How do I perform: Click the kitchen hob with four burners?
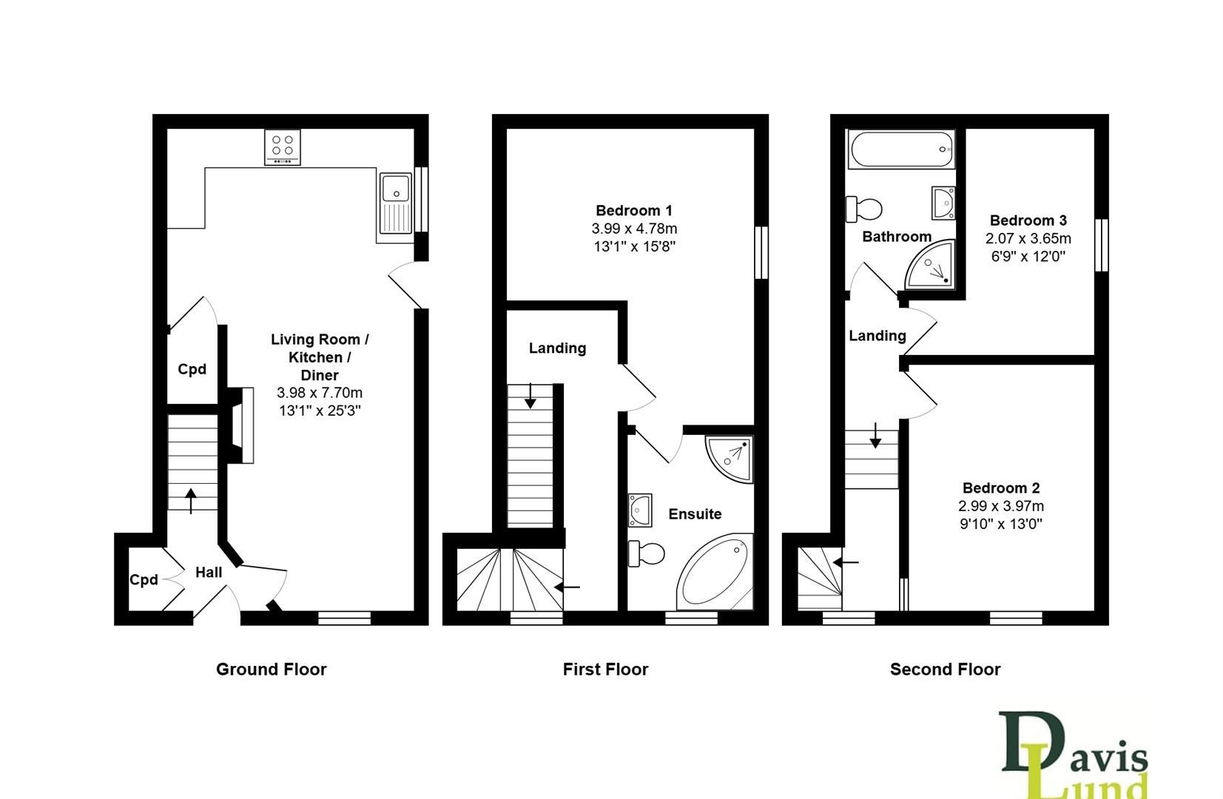283,148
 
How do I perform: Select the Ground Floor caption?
271,670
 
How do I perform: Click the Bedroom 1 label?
634,211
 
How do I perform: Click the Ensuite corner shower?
730,457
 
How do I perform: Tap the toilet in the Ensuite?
646,553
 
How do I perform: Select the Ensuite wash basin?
639,510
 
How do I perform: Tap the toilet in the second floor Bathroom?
864,209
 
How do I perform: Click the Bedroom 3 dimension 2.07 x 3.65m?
1028,239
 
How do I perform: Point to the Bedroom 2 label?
1001,488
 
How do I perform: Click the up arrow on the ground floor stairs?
191,500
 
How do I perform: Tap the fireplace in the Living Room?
240,425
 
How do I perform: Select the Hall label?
209,572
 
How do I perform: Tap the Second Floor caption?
945,670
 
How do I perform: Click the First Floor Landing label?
557,348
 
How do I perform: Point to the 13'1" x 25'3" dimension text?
320,411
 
